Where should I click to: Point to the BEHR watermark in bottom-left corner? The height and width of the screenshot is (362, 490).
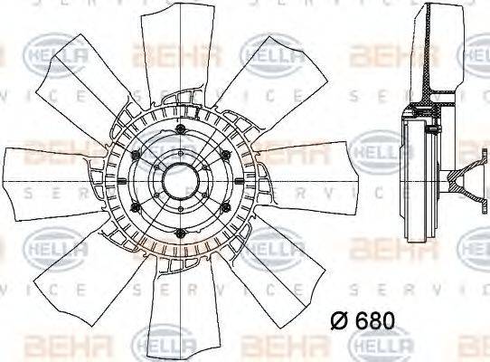pyautogui.click(x=54, y=343)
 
